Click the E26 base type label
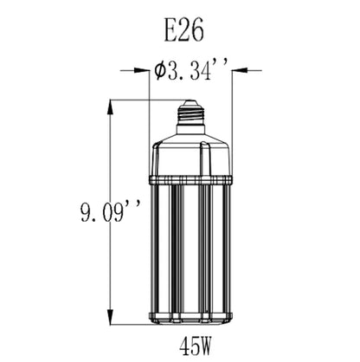(184, 31)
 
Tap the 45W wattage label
(196, 346)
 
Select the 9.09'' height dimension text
(111, 212)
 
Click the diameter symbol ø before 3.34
(160, 70)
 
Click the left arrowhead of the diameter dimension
(141, 70)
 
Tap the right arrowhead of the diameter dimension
(241, 70)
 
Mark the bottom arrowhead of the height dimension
(110, 316)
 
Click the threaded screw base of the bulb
(190, 115)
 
